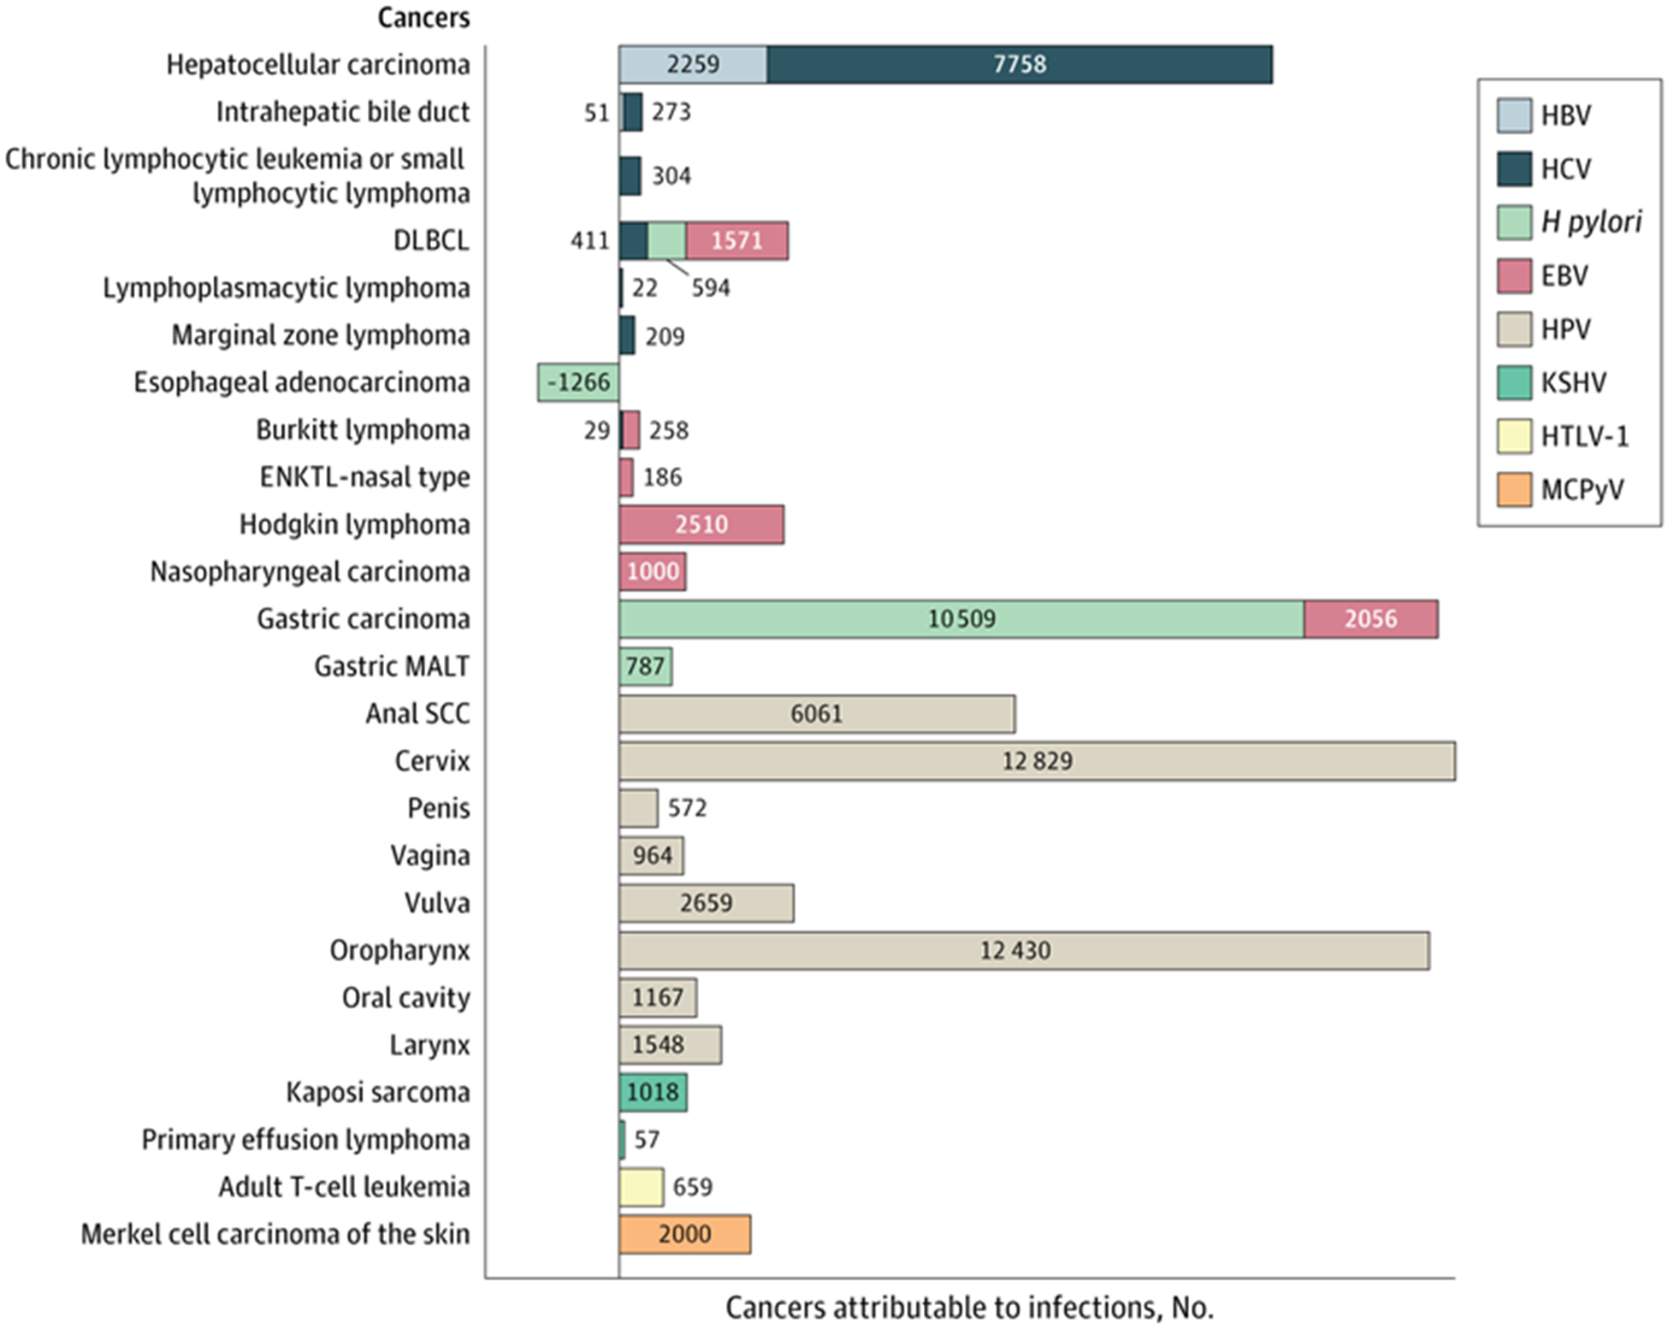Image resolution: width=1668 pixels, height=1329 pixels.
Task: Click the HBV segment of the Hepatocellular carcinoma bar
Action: pos(692,65)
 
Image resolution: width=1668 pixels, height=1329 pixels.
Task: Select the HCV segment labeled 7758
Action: pos(1019,65)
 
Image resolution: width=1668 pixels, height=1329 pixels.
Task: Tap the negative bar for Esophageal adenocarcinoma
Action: pos(578,382)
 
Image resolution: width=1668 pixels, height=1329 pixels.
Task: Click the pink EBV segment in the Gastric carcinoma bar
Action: pos(1370,619)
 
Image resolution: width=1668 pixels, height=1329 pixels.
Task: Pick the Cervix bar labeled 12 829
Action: pos(1037,761)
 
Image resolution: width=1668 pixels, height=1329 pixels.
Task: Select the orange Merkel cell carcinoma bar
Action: pos(684,1234)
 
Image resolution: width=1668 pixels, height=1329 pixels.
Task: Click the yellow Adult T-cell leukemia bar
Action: pos(641,1187)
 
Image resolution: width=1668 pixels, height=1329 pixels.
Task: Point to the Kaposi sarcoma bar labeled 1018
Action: pos(653,1092)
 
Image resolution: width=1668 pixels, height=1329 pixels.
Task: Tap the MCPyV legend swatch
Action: pos(1513,490)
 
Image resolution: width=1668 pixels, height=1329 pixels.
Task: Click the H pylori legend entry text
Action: pos(1590,222)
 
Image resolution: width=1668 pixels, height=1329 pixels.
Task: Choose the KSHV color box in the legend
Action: pos(1513,383)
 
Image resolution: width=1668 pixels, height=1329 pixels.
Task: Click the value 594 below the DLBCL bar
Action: pos(710,288)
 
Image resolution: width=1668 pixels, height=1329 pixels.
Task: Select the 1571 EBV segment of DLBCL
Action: pos(736,241)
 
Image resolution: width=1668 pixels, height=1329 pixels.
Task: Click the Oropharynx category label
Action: pos(399,950)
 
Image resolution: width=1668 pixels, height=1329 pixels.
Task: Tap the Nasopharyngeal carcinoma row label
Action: pos(310,571)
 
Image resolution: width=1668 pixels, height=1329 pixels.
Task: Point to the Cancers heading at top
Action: pos(423,17)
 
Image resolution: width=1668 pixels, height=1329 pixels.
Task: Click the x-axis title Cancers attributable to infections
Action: pos(969,1308)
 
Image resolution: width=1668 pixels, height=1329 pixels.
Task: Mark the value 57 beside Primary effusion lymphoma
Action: pos(647,1140)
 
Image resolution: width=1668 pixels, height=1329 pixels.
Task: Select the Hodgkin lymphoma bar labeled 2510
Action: pos(701,524)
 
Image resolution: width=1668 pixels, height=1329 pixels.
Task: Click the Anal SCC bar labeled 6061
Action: pos(816,714)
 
